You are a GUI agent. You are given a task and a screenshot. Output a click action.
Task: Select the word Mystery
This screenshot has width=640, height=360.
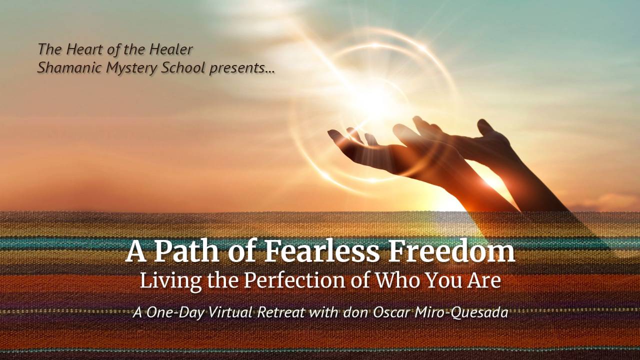131,68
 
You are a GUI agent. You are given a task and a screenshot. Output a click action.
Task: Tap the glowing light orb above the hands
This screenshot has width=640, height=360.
372,100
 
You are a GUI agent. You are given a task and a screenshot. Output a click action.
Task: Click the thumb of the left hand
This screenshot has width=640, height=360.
336,134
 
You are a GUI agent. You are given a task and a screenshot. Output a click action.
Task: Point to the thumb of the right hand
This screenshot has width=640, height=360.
484,127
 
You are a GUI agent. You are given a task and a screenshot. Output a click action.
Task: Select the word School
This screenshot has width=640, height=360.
183,68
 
